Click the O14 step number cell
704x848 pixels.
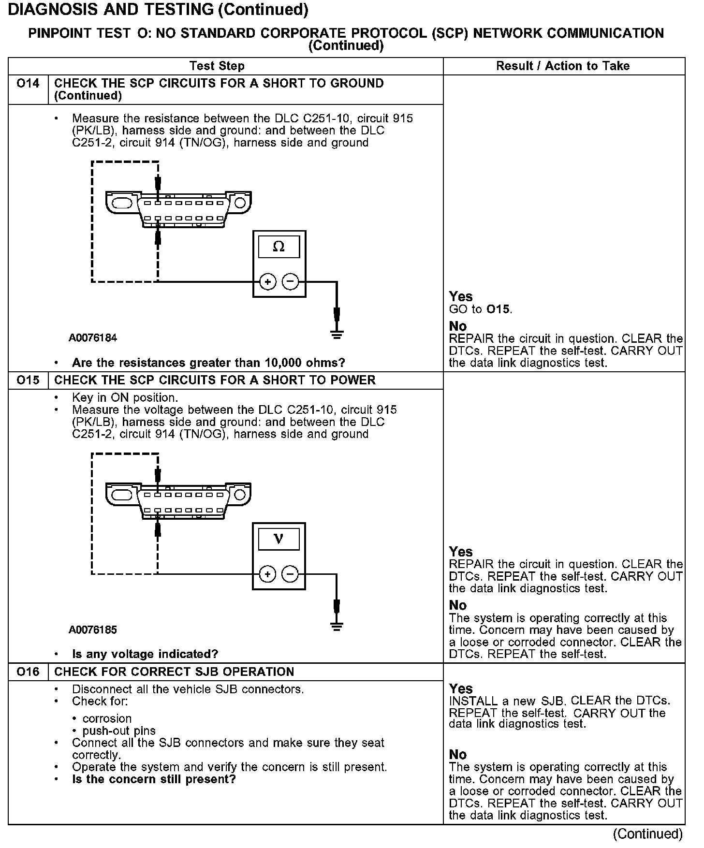[x=28, y=84]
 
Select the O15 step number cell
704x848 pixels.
[x=28, y=380]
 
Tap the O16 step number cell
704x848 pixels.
[x=28, y=672]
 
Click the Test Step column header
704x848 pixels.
[x=217, y=66]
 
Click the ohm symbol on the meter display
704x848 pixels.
[x=279, y=247]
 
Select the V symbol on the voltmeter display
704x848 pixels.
[x=279, y=539]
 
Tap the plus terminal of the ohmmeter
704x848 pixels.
[x=268, y=282]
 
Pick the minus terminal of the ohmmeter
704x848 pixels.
[x=290, y=282]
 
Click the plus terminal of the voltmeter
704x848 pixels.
[x=267, y=574]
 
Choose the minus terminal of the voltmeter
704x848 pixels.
[x=290, y=574]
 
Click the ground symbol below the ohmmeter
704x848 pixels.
[x=337, y=334]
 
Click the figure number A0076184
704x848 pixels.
[x=93, y=338]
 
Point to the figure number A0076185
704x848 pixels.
[x=93, y=630]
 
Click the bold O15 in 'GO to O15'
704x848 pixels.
[x=499, y=309]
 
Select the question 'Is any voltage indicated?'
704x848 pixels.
[x=145, y=655]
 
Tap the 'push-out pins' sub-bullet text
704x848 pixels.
[x=119, y=731]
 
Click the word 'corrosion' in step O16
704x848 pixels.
[x=107, y=719]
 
